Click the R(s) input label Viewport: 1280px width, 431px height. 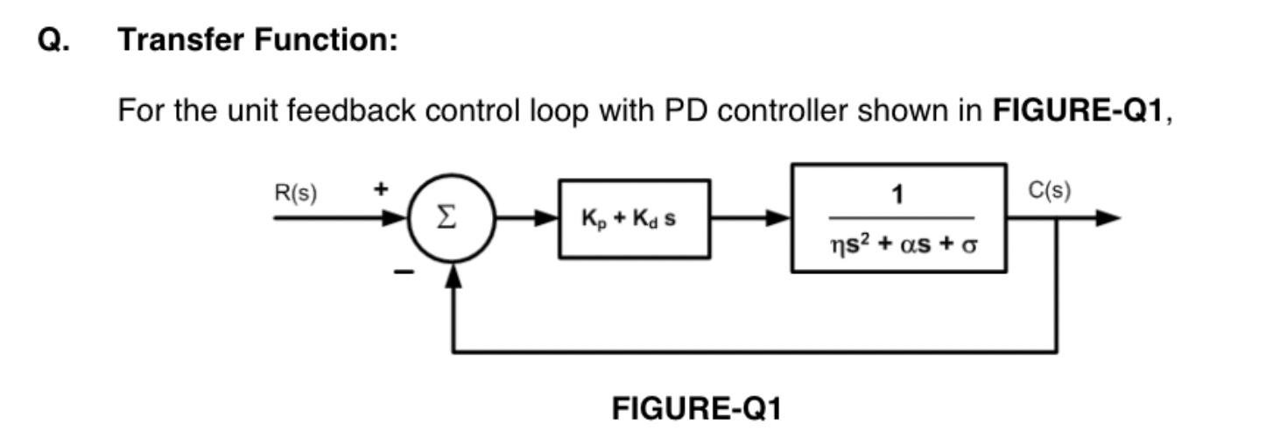[x=296, y=194]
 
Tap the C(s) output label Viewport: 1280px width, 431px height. [x=1049, y=191]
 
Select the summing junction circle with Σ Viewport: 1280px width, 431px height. [x=452, y=218]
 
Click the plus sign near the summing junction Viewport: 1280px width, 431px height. [x=381, y=189]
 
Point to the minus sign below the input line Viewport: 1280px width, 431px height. [x=403, y=273]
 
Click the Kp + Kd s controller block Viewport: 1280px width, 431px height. [x=634, y=219]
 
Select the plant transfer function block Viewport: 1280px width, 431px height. [x=898, y=218]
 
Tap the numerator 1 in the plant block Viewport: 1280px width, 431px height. [x=897, y=194]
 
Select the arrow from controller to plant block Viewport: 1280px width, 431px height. [x=750, y=218]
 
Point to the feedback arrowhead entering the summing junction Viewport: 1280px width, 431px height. [x=453, y=276]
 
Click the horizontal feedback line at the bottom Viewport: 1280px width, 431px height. [x=753, y=352]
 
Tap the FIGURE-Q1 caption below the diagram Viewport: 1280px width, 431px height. [x=696, y=408]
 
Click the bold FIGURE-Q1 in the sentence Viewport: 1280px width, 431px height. [x=1077, y=111]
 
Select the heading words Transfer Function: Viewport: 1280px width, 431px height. [x=258, y=39]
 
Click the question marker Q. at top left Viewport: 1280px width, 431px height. [x=54, y=39]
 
